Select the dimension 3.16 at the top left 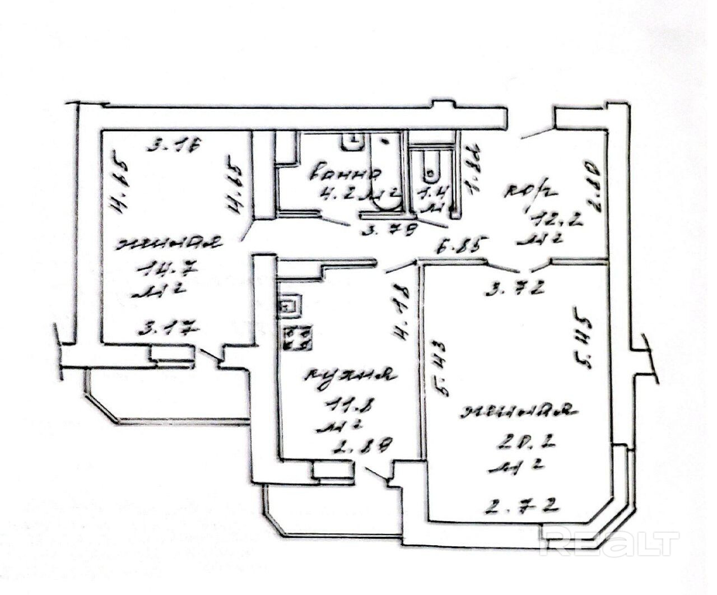(174, 147)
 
